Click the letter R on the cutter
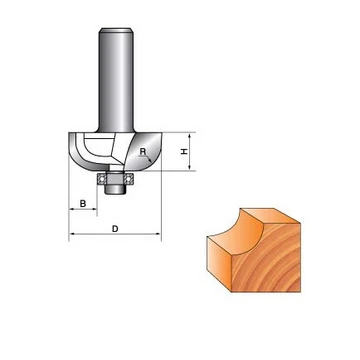tap(143, 152)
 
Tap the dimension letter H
tap(184, 152)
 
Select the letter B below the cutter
tap(83, 203)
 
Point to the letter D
tap(115, 229)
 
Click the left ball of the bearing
tap(101, 179)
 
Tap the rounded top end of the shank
tap(116, 30)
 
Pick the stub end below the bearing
tap(115, 189)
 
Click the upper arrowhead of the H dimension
tap(189, 136)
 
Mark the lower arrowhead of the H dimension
tap(189, 167)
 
